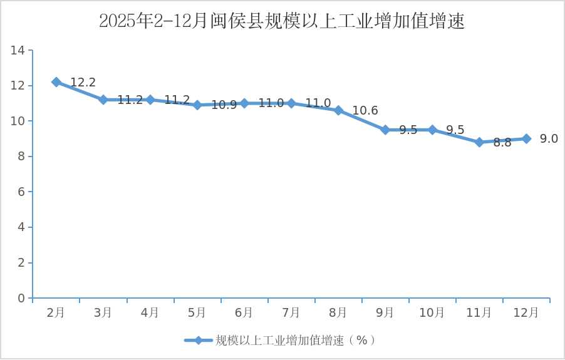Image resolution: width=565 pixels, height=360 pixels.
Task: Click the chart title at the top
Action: pos(282,21)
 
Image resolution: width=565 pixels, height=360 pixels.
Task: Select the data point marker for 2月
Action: pos(56,82)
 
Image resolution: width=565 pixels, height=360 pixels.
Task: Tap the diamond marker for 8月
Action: pos(338,110)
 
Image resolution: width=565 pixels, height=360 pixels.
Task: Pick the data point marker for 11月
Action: pos(479,142)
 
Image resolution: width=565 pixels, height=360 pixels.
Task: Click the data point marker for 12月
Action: pos(526,138)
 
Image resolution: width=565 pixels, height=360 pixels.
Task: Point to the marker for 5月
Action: pos(197,105)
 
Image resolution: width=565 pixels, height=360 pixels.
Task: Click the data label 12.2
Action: pos(83,83)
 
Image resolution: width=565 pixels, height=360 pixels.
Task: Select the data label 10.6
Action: pos(365,111)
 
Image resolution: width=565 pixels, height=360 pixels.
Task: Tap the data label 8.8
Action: pos(502,143)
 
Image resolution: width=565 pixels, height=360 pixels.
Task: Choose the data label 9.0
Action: pos(549,139)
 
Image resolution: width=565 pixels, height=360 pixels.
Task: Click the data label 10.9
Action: pos(224,105)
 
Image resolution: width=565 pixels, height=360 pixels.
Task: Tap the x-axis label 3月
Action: pos(103,312)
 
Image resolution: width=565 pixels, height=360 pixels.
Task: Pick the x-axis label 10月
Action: pos(432,312)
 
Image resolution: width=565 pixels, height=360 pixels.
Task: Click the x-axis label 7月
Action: pos(291,312)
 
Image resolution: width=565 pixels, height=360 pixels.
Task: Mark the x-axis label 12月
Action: pos(526,312)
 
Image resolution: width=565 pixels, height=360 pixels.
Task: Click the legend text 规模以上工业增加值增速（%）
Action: pos(296,341)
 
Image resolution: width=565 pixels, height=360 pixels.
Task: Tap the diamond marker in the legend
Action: pos(199,341)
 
